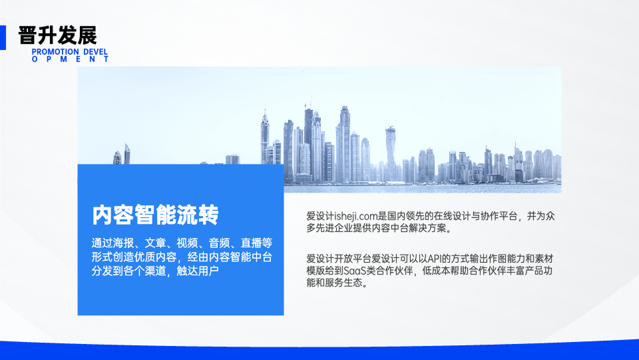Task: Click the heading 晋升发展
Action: pyautogui.click(x=58, y=35)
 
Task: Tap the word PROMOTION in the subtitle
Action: pyautogui.click(x=55, y=52)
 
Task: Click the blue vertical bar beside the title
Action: pyautogui.click(x=3, y=38)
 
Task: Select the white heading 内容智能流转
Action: pyautogui.click(x=155, y=215)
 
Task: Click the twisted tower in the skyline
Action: pyautogui.click(x=390, y=153)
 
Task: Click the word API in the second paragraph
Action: pyautogui.click(x=435, y=258)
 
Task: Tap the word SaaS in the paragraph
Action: pyautogui.click(x=355, y=270)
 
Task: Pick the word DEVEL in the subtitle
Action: pyautogui.click(x=95, y=52)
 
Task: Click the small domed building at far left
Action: pyautogui.click(x=118, y=157)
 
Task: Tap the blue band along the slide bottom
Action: pyautogui.click(x=319, y=352)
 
